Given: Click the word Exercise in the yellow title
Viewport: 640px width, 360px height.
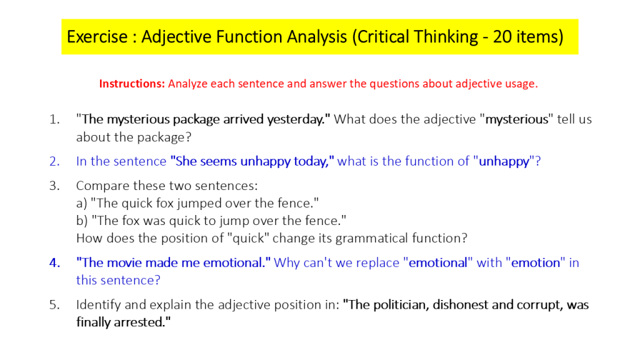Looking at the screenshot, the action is pyautogui.click(x=97, y=37).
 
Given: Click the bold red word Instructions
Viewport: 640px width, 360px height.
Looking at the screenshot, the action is pyautogui.click(x=132, y=84).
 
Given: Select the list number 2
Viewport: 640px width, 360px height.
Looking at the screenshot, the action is pyautogui.click(x=54, y=161).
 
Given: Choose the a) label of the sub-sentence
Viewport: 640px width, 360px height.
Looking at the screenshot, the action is pyautogui.click(x=82, y=203).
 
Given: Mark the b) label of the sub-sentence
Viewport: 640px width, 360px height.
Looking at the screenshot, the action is pyautogui.click(x=82, y=221).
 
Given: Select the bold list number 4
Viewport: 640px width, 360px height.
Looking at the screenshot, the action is pyautogui.click(x=55, y=263).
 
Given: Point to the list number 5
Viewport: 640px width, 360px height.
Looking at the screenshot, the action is pyautogui.click(x=54, y=305).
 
